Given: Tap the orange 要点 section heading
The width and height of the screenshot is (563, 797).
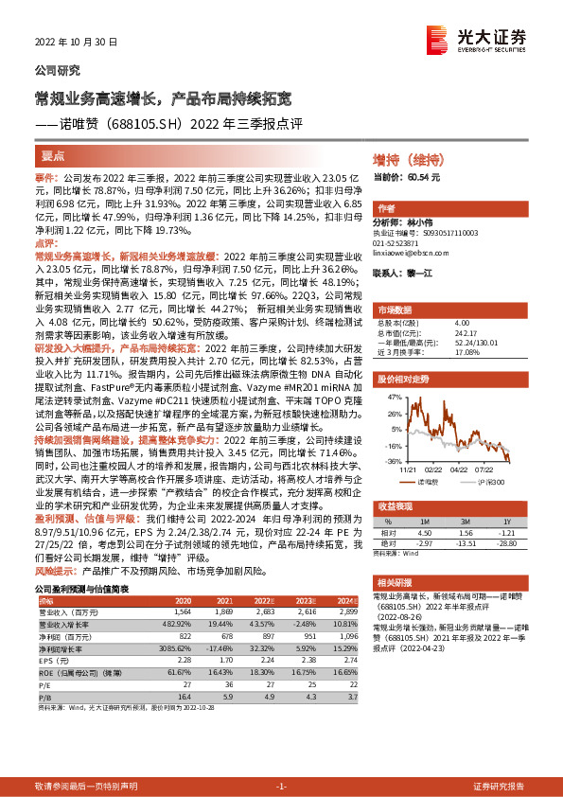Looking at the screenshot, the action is point(53,155).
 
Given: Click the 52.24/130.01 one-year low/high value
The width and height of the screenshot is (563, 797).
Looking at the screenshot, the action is point(478,342).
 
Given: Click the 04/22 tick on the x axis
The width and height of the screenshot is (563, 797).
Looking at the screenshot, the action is point(460,469).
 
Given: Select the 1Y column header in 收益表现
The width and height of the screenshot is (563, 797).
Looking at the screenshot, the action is point(506,521).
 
